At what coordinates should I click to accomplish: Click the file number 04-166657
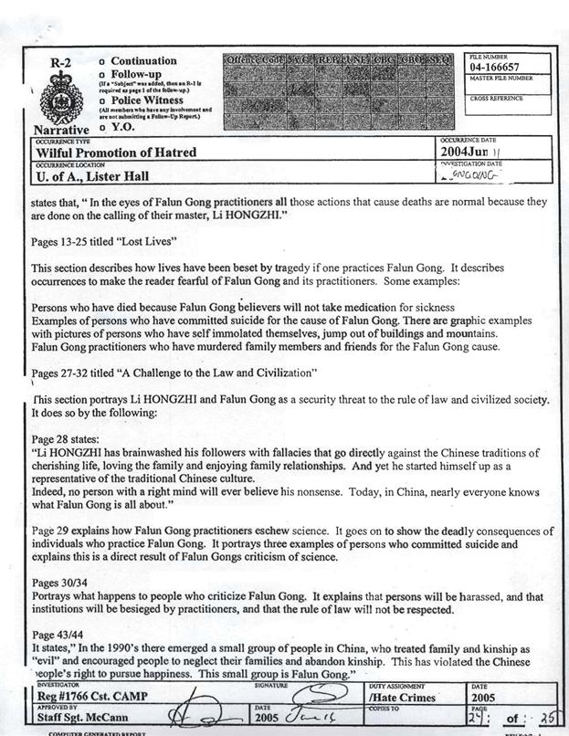click(497, 68)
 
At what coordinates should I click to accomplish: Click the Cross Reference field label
click(496, 99)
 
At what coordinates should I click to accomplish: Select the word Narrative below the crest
click(60, 130)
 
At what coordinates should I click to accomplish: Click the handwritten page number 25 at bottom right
click(549, 719)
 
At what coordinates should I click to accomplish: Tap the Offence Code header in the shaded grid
click(255, 60)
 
